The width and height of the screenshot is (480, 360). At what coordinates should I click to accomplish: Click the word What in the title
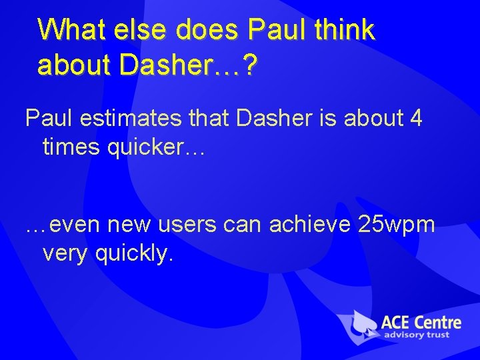coord(70,30)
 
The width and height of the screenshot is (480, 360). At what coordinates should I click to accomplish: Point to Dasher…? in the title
coord(187,65)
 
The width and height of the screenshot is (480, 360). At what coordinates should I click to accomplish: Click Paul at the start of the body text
coord(48,118)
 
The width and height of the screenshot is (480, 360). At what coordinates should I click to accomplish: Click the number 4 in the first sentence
coord(415,118)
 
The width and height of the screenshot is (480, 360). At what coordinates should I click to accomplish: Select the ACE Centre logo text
coord(421,322)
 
